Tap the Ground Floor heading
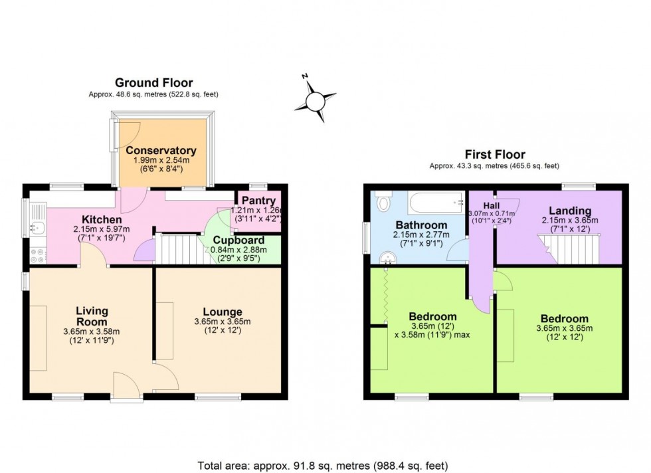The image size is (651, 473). pyautogui.click(x=153, y=83)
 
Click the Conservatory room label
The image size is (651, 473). pyautogui.click(x=161, y=150)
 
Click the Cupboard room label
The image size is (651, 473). pyautogui.click(x=238, y=240)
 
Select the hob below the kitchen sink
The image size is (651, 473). pyautogui.click(x=37, y=253)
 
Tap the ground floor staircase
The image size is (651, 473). pyautogui.click(x=177, y=248)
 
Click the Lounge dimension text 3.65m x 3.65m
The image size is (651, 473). pyautogui.click(x=222, y=322)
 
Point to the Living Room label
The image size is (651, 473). pyautogui.click(x=92, y=316)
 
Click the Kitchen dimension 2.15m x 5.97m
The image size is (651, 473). pyautogui.click(x=102, y=229)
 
